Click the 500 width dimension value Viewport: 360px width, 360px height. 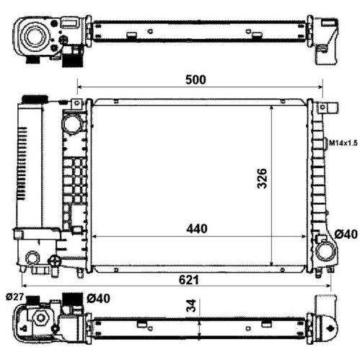196,79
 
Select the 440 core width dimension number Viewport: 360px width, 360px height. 196,229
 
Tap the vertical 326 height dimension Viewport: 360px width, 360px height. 262,178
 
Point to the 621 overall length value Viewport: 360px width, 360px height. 189,280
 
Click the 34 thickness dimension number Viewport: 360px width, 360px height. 191,305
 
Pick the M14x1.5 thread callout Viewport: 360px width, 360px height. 343,144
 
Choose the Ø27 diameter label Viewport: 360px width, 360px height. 15,297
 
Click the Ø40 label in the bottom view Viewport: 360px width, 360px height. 98,299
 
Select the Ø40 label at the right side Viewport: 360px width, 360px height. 346,234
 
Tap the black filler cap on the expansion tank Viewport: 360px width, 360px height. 35,99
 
